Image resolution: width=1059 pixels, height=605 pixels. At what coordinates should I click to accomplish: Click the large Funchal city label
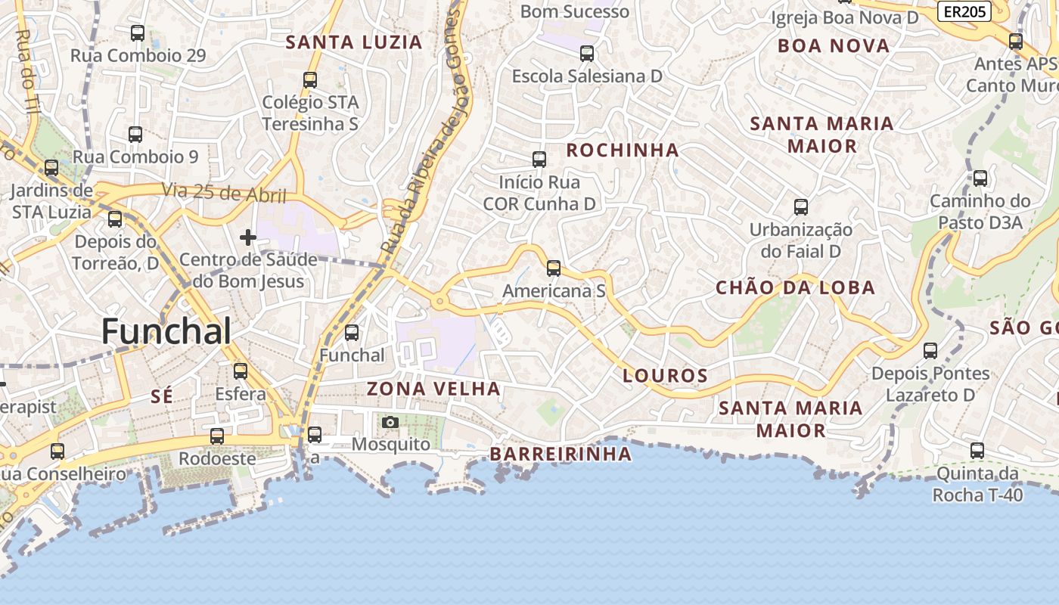tap(166, 331)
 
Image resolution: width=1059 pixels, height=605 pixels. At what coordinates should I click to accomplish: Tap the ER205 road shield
tap(965, 11)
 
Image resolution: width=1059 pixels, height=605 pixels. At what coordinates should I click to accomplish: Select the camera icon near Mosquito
tap(390, 422)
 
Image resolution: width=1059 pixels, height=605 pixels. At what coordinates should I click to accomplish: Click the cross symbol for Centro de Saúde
tap(247, 237)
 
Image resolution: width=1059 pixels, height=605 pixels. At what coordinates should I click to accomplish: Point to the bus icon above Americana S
tap(554, 268)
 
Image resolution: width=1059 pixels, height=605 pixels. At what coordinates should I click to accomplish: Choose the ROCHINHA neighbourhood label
tap(623, 150)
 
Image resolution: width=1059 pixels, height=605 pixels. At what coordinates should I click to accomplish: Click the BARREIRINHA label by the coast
tap(560, 454)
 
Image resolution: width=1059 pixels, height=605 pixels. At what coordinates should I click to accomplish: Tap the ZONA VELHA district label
tap(433, 389)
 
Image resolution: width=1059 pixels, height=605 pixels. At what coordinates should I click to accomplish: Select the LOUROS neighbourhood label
tap(665, 375)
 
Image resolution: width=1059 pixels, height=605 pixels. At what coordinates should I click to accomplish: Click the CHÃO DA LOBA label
tap(795, 287)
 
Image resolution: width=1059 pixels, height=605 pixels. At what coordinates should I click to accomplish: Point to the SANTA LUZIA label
tap(353, 42)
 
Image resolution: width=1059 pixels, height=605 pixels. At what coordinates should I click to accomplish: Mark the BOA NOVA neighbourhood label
tap(834, 46)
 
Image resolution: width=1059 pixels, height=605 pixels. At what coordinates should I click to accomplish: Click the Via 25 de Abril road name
tap(224, 193)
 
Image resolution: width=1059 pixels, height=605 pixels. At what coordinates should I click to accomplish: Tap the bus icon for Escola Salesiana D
tap(587, 54)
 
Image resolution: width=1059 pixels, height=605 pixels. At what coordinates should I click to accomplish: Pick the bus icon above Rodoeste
tap(217, 436)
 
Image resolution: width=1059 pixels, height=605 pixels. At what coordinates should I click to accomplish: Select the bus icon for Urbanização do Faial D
tap(801, 206)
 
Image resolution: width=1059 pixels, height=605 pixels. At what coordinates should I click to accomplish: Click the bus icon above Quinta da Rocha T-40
tap(977, 451)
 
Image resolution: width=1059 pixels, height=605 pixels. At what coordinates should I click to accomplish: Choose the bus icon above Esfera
tap(241, 371)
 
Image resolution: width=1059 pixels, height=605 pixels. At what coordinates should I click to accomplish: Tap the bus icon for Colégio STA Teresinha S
tap(309, 79)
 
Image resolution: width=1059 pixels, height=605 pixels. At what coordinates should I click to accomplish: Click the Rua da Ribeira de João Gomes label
tap(424, 129)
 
